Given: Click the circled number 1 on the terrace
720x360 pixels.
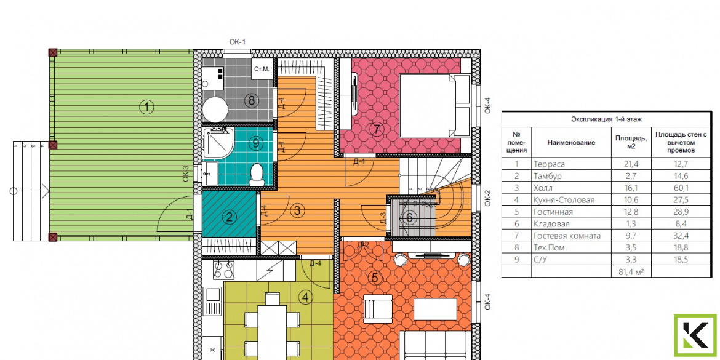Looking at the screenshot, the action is click(146, 108).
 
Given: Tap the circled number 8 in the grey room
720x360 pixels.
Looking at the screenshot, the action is click(251, 100).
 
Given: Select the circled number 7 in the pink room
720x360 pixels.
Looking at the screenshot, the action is click(377, 129).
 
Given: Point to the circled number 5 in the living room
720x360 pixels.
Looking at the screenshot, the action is click(375, 278).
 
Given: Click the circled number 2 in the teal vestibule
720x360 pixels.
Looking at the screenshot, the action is click(228, 218).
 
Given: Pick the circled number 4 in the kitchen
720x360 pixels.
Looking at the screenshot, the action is click(305, 297).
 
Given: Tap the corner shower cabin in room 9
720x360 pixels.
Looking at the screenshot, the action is click(218, 143).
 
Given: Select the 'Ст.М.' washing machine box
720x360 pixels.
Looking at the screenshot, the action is click(261, 70).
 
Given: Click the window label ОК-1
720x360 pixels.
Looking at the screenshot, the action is click(237, 42).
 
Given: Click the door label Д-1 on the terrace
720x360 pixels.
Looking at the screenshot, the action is click(189, 215).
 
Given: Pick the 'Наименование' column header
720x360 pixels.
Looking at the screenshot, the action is click(570, 142).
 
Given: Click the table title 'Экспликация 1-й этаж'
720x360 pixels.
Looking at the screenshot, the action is click(606, 119).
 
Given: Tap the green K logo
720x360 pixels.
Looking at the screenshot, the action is click(695, 335).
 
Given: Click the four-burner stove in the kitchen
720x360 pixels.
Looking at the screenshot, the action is click(223, 269).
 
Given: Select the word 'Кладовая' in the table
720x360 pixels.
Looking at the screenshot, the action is click(551, 224).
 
